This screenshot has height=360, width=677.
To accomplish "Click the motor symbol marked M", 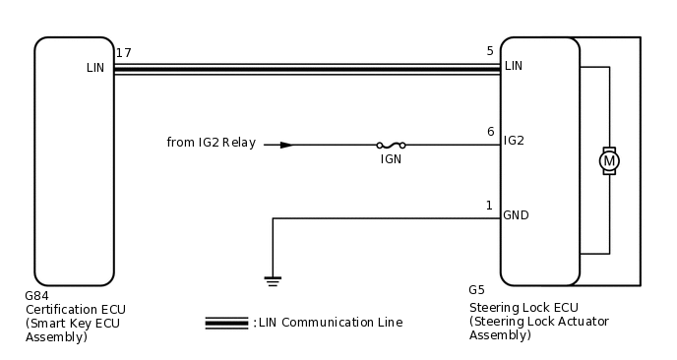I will click(609, 160).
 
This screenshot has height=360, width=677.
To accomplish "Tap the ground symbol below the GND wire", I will click(273, 281).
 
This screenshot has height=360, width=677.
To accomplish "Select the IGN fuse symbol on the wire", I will click(391, 145).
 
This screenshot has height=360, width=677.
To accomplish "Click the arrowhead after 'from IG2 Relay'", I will click(285, 145).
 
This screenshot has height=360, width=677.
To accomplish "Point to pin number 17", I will click(123, 52).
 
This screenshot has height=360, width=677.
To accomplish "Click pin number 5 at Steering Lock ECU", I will click(490, 51).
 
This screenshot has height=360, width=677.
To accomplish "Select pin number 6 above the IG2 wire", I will click(490, 132).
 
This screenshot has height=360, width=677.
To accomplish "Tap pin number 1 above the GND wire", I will click(489, 206).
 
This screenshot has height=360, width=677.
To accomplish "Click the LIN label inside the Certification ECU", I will click(95, 68).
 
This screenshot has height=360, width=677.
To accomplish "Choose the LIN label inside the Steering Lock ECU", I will click(514, 66).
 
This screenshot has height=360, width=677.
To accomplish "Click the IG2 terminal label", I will click(514, 141).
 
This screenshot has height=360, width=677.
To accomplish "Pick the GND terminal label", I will click(516, 215).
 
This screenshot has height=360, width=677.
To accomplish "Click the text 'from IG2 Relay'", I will click(211, 144).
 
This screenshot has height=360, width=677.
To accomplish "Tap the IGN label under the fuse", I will click(391, 158).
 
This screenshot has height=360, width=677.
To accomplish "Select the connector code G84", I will click(36, 295).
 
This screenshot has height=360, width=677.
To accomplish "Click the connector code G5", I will click(476, 290).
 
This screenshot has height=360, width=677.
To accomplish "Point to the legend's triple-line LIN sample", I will click(226, 323).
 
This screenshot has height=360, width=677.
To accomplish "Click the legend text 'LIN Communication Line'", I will click(330, 323).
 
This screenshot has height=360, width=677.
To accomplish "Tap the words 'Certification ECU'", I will click(75, 309).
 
